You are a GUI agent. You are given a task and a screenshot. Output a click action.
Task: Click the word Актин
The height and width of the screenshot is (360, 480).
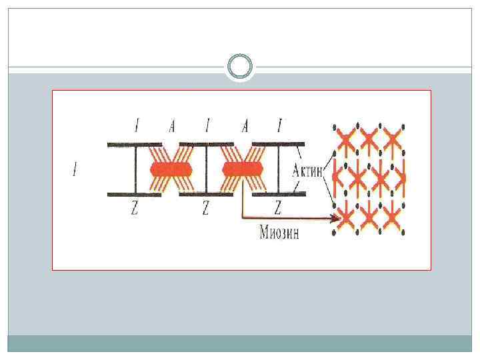[x=307, y=171]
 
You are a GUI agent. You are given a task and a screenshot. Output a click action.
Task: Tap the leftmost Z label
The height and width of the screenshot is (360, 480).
[x=135, y=209]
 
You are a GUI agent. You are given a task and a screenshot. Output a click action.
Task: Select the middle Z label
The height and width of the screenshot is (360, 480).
[x=205, y=209]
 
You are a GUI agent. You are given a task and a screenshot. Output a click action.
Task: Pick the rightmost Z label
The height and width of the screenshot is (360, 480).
[x=278, y=209]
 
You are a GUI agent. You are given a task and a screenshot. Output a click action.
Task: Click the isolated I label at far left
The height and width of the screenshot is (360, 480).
[x=74, y=171]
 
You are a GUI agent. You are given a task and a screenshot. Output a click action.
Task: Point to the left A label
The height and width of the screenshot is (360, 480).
[x=172, y=126]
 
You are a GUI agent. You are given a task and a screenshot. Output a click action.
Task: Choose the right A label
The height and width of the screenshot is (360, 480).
[x=245, y=126]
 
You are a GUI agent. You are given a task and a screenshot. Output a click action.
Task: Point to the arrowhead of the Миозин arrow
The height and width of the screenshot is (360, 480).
[x=333, y=217]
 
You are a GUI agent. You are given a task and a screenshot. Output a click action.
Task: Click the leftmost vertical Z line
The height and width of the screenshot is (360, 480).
[x=135, y=169]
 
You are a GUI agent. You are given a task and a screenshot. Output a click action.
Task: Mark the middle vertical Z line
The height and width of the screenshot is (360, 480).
[x=207, y=169]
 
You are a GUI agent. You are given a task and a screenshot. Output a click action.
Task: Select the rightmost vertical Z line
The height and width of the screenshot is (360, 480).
[x=278, y=169]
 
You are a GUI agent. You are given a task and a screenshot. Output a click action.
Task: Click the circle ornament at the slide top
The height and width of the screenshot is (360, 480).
[x=239, y=67]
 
